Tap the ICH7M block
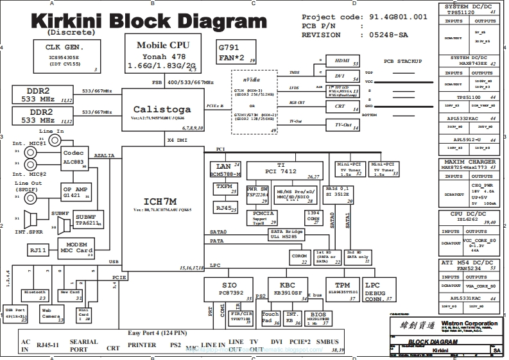[x=163, y=203]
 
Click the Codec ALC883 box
[x=74, y=158]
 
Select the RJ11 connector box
[x=39, y=250]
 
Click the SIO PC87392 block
[x=229, y=289]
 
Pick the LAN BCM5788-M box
[x=225, y=169]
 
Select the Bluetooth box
[x=35, y=295]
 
